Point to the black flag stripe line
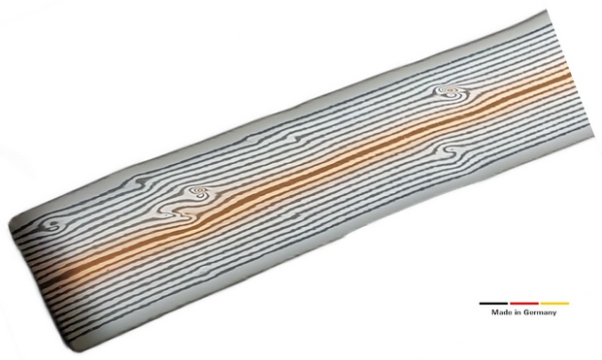coord(493,304)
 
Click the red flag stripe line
coord(524,304)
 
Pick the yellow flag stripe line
coord(554,304)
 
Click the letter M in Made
coord(494,312)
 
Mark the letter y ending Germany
coord(554,313)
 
